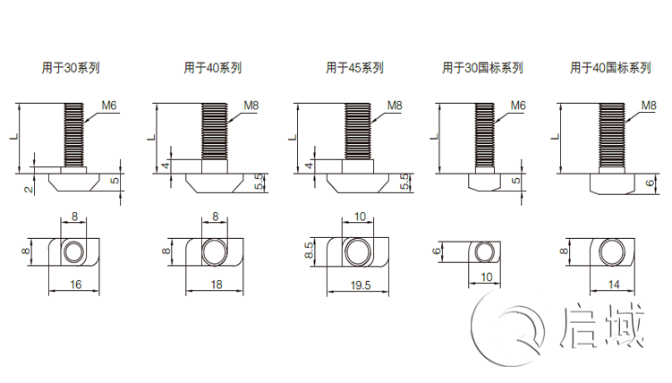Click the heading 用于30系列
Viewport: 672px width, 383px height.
point(72,67)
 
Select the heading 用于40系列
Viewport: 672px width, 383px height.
point(212,67)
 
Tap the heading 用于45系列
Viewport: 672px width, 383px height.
point(354,67)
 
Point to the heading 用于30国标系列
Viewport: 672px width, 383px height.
point(482,67)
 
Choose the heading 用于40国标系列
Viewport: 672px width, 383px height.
point(611,67)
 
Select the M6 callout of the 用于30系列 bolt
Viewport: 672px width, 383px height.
point(109,106)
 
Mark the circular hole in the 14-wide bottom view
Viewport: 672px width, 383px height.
point(612,251)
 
